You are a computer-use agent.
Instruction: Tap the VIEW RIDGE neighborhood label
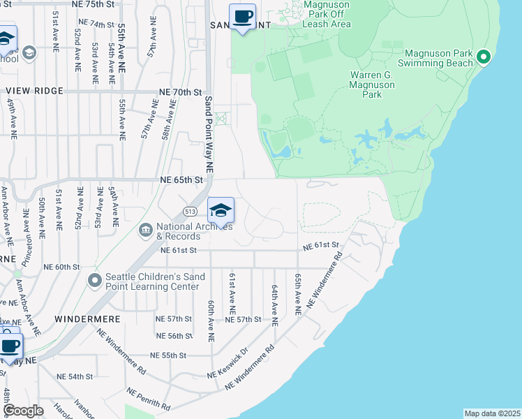click(34, 91)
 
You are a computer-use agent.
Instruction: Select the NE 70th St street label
click(180, 92)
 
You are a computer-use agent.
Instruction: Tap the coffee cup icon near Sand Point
click(242, 16)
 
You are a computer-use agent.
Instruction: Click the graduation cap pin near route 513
click(220, 210)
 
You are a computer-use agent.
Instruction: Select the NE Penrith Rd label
click(148, 397)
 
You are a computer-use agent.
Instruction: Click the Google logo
click(24, 411)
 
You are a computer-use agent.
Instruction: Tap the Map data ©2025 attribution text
click(492, 413)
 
